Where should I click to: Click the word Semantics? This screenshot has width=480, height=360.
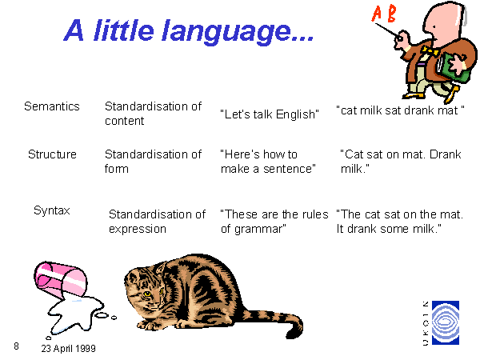[52, 106]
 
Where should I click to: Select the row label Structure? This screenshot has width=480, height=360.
[52, 154]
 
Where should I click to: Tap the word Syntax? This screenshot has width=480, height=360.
[52, 210]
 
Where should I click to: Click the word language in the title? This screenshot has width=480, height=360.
[226, 32]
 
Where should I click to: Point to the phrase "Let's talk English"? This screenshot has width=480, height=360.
[270, 114]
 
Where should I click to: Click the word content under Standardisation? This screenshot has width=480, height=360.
[124, 121]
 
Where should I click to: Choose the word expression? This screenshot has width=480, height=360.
[138, 230]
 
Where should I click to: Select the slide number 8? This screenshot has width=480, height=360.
[16, 346]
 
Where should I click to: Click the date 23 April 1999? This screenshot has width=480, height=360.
[68, 348]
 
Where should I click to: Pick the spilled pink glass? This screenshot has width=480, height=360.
[60, 279]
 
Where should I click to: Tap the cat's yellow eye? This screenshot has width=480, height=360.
[147, 294]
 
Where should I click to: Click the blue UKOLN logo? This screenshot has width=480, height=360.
[446, 322]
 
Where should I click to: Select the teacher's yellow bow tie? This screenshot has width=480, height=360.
[430, 51]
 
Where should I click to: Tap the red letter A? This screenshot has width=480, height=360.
[378, 14]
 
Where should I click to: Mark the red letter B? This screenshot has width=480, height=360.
[391, 14]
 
